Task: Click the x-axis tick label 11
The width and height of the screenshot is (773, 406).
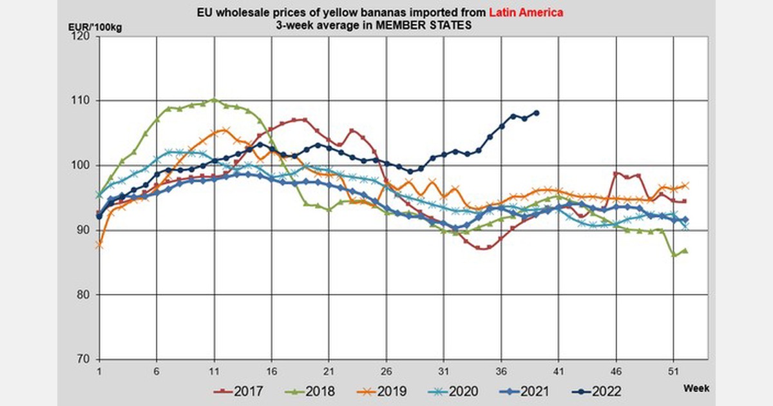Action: (x=213, y=371)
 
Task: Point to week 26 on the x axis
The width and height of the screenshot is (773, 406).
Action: (x=386, y=371)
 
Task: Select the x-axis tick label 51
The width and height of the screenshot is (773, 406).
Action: (x=673, y=371)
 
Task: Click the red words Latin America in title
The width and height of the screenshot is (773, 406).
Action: (x=524, y=12)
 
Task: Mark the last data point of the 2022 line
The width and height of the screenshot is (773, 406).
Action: (x=536, y=113)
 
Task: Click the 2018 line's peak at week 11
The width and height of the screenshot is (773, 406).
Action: (x=214, y=101)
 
